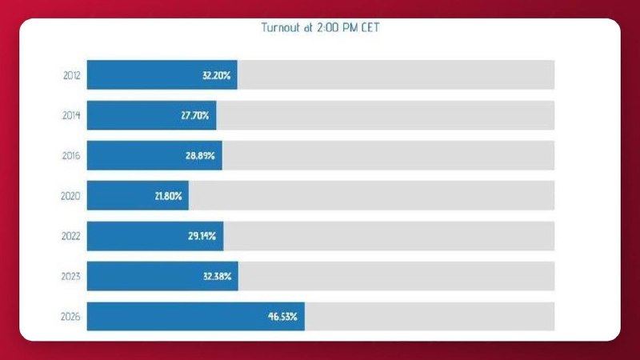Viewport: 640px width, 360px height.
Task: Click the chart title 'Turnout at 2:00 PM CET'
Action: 321,27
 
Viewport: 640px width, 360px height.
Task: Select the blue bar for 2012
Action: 162,74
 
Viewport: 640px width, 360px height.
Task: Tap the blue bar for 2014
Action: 151,115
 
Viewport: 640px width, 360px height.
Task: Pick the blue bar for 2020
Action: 138,195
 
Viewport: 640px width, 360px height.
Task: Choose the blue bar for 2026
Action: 195,316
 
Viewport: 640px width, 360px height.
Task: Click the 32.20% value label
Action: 216,75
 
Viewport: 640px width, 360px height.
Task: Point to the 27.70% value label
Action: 195,115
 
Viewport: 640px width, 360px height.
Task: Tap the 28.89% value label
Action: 200,155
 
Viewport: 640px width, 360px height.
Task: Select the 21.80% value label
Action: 168,196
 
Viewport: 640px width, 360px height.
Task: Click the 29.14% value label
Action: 202,236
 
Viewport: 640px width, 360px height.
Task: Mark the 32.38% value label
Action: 217,276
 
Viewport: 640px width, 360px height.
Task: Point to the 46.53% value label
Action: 282,316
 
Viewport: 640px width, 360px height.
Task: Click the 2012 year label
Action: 72,75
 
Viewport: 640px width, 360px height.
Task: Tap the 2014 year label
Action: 71,115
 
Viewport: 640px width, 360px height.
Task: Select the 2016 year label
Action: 71,155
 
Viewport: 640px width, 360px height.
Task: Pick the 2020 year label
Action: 70,196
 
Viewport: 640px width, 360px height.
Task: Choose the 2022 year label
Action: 71,236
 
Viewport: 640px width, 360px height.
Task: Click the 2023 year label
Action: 71,276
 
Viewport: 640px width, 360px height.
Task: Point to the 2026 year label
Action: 70,316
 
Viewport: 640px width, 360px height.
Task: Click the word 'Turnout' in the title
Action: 281,27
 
